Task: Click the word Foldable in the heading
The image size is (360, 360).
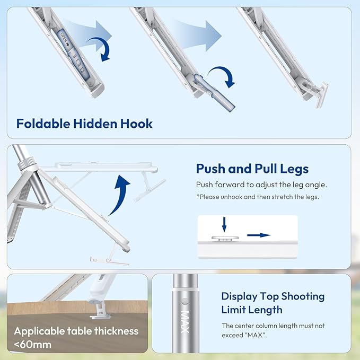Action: coord(43,124)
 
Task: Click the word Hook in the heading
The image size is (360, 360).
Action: coord(136,124)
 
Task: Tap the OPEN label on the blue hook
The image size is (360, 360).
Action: coord(65,39)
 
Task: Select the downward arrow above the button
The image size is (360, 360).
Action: coord(224,224)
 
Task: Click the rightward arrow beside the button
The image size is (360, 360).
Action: coord(259,235)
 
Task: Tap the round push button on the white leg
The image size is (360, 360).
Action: coord(225,238)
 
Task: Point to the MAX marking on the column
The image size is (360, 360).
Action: coord(185,322)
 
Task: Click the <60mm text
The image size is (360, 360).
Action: coord(32,345)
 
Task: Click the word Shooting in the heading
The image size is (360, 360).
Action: coord(303,296)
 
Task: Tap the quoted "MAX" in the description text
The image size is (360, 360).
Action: coord(255,335)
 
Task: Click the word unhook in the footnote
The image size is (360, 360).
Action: coord(231,197)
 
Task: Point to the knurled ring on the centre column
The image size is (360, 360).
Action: coord(27,163)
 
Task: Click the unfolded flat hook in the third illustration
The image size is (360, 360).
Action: coord(322,95)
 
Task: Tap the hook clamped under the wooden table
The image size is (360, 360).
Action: coord(101,311)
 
